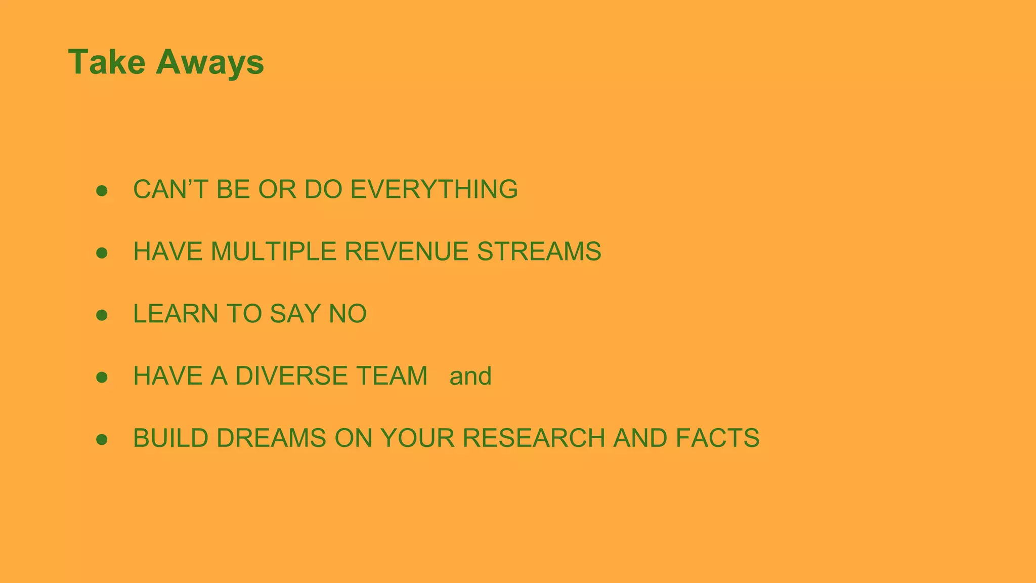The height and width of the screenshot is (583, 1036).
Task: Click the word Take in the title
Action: click(x=107, y=62)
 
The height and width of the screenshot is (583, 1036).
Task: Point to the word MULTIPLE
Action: click(x=273, y=252)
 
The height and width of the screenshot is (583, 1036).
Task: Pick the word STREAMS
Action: click(x=539, y=252)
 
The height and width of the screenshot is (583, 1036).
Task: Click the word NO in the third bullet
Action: click(x=348, y=314)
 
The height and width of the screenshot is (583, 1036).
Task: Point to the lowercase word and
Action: click(x=470, y=377)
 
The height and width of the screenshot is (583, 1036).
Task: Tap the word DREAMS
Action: click(x=271, y=438)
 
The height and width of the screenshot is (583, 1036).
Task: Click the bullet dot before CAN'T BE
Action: click(x=102, y=191)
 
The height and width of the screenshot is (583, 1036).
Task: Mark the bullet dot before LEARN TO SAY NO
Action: click(x=102, y=315)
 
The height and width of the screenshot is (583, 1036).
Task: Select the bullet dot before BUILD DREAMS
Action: click(x=102, y=440)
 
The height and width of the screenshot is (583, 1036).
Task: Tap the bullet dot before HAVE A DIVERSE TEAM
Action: click(x=102, y=378)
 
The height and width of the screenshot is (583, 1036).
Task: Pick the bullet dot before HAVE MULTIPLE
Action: click(x=102, y=253)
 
